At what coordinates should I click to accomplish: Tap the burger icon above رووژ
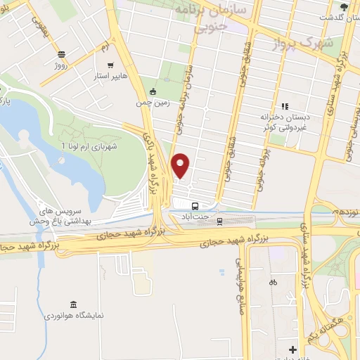[x=61, y=53]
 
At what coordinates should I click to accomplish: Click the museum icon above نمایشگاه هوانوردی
[x=74, y=304]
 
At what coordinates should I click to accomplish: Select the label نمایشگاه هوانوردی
[x=74, y=315]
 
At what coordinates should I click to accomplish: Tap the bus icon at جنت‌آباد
[x=195, y=206]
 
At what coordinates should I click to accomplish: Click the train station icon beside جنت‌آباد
[x=219, y=221]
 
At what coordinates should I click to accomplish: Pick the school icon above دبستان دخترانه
[x=285, y=106]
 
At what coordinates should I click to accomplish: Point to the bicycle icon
[x=273, y=282]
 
